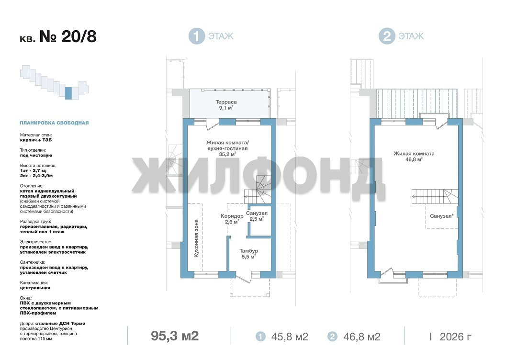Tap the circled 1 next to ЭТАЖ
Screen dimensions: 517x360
(197, 36)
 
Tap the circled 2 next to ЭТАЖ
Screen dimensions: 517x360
(387, 36)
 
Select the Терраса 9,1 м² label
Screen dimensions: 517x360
(226, 105)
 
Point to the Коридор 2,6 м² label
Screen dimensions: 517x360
(232, 219)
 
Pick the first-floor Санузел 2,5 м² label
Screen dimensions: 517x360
(257, 216)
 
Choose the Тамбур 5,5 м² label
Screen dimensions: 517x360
(248, 254)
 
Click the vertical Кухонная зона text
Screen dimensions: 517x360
(196, 238)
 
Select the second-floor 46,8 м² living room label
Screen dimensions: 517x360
(414, 156)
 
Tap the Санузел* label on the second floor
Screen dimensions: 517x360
(442, 216)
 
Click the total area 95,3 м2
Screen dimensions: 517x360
(175, 336)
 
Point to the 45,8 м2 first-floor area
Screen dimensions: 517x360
(290, 337)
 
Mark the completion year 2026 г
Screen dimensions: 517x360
(456, 337)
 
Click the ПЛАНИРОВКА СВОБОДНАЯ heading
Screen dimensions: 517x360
(54, 123)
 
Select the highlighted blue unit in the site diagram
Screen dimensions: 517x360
(68, 93)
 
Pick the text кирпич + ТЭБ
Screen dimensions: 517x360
(36, 140)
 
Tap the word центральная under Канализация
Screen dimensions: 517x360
(35, 288)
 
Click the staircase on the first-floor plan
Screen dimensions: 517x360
(258, 190)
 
